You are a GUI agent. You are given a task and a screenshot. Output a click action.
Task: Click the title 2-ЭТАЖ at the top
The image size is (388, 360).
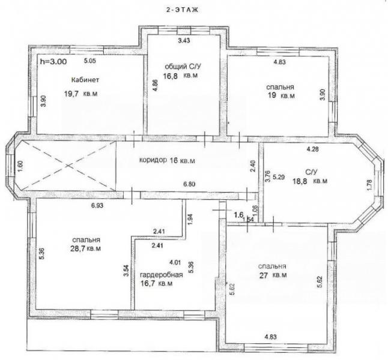(182, 10)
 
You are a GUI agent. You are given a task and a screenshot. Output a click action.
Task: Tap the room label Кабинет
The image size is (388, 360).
(85, 80)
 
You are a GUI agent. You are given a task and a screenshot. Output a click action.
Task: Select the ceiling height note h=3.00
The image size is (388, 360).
(53, 61)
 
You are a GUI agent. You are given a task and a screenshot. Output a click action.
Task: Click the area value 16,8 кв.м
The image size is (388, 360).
(180, 76)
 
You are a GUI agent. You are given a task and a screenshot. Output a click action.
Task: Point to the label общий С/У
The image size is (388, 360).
(183, 66)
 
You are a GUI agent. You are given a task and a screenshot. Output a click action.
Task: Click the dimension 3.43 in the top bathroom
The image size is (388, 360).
(184, 41)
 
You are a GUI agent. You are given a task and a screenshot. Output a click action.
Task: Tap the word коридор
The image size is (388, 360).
(153, 160)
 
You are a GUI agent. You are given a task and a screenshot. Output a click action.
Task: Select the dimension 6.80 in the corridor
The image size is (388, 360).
(189, 184)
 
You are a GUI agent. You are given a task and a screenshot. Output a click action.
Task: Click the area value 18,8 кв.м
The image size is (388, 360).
(310, 181)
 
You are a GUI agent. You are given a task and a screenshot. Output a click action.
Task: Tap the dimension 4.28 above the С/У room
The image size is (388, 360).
(312, 149)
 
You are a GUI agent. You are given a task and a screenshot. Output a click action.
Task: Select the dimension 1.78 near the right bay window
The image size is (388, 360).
(369, 185)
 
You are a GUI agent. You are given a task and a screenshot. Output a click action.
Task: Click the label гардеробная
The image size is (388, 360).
(162, 275)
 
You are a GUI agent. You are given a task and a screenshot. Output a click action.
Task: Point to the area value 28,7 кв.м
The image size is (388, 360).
(86, 248)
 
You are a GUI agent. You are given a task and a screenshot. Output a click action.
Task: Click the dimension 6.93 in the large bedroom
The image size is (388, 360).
(97, 205)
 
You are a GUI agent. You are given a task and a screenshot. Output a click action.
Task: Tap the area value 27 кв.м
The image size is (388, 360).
(273, 275)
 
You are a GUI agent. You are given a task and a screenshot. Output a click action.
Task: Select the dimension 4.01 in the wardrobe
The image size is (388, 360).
(175, 262)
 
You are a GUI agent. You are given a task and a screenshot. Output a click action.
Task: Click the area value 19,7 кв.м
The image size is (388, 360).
(81, 94)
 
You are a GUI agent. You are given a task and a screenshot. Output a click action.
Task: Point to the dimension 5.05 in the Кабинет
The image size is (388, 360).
(89, 61)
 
